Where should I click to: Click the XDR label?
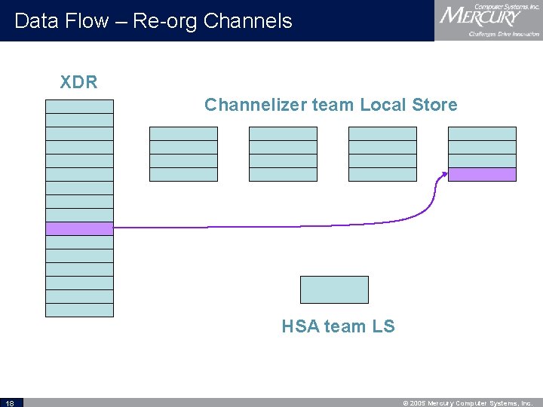(x=79, y=82)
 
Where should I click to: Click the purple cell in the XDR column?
(x=79, y=228)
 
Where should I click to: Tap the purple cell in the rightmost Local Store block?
(x=482, y=174)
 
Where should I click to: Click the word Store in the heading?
(x=434, y=105)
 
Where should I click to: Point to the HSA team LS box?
(x=334, y=289)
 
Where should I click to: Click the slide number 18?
(x=10, y=402)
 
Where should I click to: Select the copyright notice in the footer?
(x=469, y=402)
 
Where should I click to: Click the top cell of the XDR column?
(x=79, y=106)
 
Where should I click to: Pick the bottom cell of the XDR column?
(x=79, y=310)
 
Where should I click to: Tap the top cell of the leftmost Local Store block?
(x=183, y=133)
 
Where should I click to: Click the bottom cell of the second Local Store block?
(x=283, y=174)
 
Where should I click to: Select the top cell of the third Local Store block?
(x=382, y=133)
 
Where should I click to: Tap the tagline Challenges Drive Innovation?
(x=504, y=34)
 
